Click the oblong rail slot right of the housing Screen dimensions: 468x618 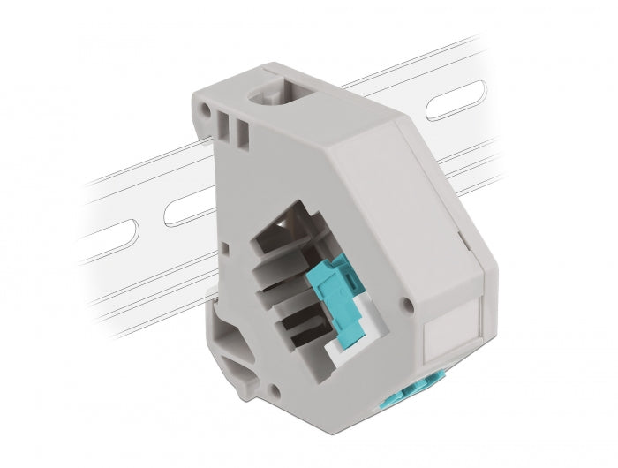tap(455, 100)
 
